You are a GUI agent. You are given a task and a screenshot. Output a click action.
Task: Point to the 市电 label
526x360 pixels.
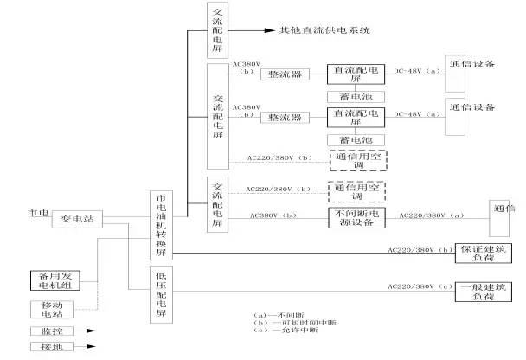click(37, 213)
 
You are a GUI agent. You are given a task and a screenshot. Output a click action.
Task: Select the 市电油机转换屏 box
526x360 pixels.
click(162, 224)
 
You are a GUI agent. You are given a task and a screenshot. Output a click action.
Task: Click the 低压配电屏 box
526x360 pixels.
click(162, 295)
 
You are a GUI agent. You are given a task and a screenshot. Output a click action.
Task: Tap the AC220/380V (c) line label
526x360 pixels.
click(420, 285)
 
